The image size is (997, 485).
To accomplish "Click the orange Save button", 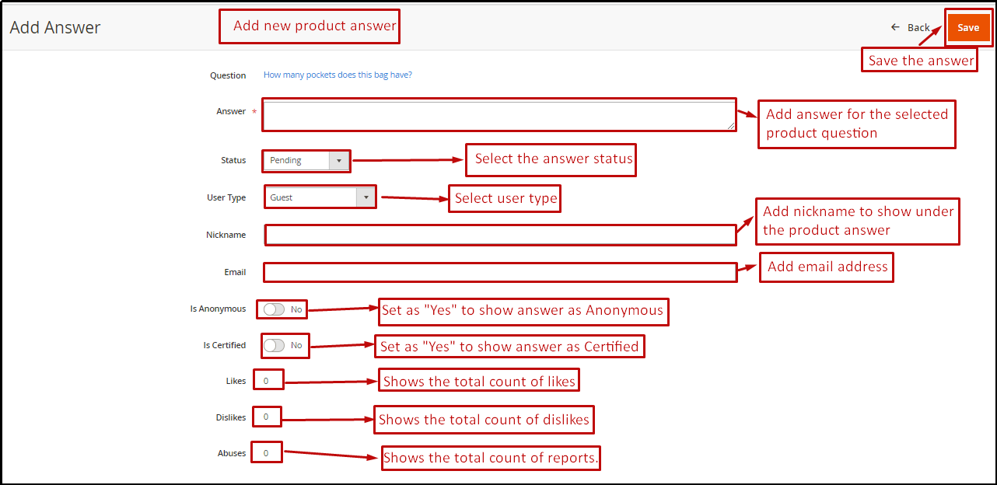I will click(967, 28).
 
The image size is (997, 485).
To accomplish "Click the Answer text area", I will click(499, 115).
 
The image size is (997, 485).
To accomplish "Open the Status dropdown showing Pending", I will click(306, 161).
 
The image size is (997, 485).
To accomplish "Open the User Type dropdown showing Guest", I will click(320, 197).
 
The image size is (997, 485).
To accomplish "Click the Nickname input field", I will click(500, 235).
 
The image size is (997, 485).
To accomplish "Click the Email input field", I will click(500, 272).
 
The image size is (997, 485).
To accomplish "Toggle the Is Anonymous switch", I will click(275, 309).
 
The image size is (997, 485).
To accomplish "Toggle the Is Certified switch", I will click(275, 345).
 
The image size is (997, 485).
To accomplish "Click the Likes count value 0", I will click(266, 381).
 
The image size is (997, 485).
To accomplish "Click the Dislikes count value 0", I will click(266, 417).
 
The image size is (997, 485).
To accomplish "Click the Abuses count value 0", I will click(266, 453).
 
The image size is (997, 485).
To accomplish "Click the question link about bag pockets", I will click(338, 75).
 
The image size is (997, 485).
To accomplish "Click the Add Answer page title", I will click(55, 28).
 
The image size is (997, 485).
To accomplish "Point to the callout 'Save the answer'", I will click(920, 61).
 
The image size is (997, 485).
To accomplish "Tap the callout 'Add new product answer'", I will click(310, 26).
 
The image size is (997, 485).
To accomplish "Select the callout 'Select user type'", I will click(505, 198).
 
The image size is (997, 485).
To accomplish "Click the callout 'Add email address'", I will click(827, 267).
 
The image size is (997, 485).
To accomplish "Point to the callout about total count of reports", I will click(492, 459).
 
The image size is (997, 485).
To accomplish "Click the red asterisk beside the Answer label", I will click(254, 112).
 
